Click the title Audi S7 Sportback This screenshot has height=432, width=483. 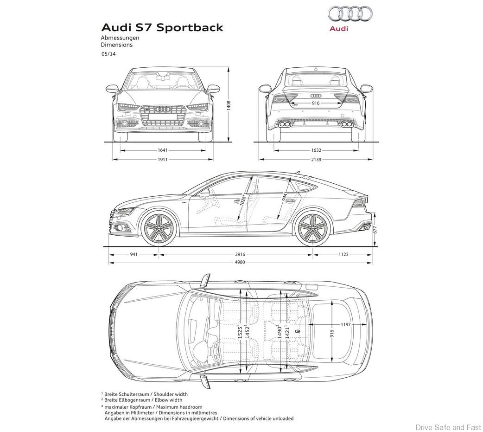pos(162,27)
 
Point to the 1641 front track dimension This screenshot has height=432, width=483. pos(162,150)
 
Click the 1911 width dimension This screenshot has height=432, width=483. pos(162,159)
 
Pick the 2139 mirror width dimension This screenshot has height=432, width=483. pos(316,159)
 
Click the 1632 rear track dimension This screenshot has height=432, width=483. pos(316,150)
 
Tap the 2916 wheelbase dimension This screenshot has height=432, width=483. pos(240,254)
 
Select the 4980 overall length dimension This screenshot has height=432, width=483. pos(240,263)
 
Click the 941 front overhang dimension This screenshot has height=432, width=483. pos(134,254)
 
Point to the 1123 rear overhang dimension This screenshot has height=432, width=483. pos(343,254)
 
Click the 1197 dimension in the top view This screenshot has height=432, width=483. pos(345,324)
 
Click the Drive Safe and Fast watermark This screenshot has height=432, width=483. pos(448,427)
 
